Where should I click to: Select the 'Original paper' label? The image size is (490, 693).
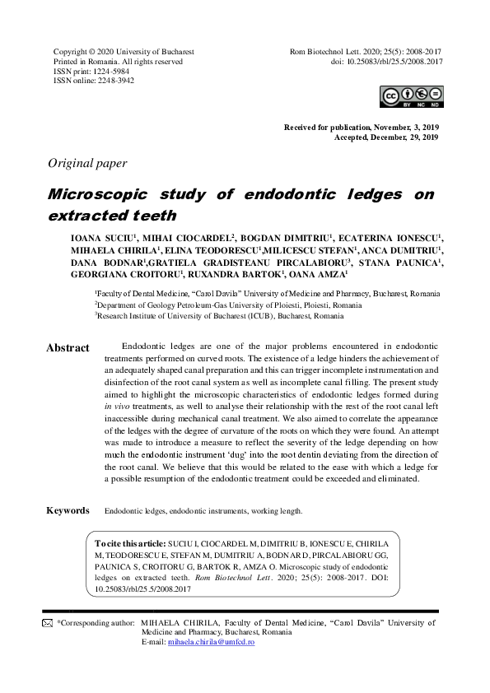click(x=88, y=163)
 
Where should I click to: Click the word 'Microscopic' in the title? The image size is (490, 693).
click(x=97, y=194)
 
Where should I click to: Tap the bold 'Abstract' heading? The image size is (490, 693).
click(x=68, y=348)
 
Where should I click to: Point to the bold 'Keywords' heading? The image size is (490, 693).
click(x=68, y=510)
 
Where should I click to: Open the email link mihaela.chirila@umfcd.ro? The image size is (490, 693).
click(x=210, y=641)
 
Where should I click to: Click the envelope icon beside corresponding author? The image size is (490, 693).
click(x=47, y=624)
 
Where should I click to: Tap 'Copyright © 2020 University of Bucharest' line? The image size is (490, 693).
click(x=124, y=51)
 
